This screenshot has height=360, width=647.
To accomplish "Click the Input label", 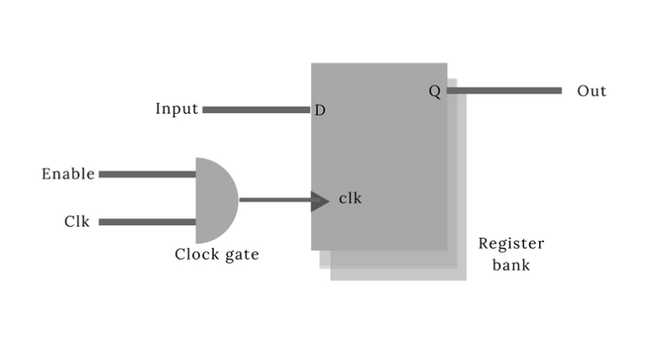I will pyautogui.click(x=176, y=109).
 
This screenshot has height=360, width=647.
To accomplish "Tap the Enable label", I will pyautogui.click(x=68, y=174).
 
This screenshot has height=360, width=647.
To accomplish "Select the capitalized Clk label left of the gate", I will pyautogui.click(x=77, y=222).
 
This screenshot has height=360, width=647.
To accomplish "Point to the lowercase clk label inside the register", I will pyautogui.click(x=350, y=199).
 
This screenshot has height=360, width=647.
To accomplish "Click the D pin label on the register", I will pyautogui.click(x=319, y=110).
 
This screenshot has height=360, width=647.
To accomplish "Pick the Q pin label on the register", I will pyautogui.click(x=435, y=91).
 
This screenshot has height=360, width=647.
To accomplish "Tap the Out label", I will pyautogui.click(x=591, y=91).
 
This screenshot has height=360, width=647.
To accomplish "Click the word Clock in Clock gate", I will pyautogui.click(x=196, y=254).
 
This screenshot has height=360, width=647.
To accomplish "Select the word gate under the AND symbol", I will pyautogui.click(x=241, y=255).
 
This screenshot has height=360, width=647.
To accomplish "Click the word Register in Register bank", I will pyautogui.click(x=511, y=244).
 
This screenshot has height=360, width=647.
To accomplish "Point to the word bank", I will pyautogui.click(x=511, y=265).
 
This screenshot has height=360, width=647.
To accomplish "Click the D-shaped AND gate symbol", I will pyautogui.click(x=214, y=200).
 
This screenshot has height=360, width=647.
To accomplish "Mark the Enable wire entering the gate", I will pyautogui.click(x=147, y=175).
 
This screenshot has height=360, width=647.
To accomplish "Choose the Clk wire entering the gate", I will pyautogui.click(x=147, y=223).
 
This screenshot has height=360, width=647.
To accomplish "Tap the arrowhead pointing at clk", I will pyautogui.click(x=319, y=201).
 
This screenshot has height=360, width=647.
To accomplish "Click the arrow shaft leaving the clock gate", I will pyautogui.click(x=274, y=201).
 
